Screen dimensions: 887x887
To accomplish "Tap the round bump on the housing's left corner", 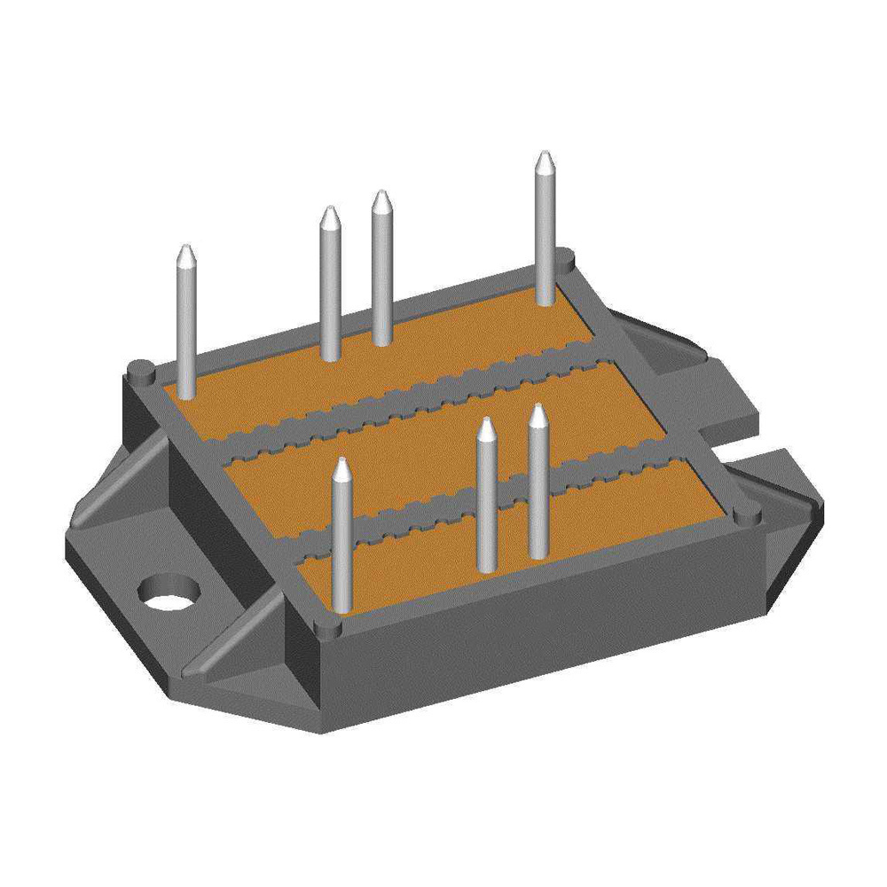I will click(140, 369).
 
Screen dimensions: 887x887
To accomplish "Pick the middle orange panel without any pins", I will click(443, 443).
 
